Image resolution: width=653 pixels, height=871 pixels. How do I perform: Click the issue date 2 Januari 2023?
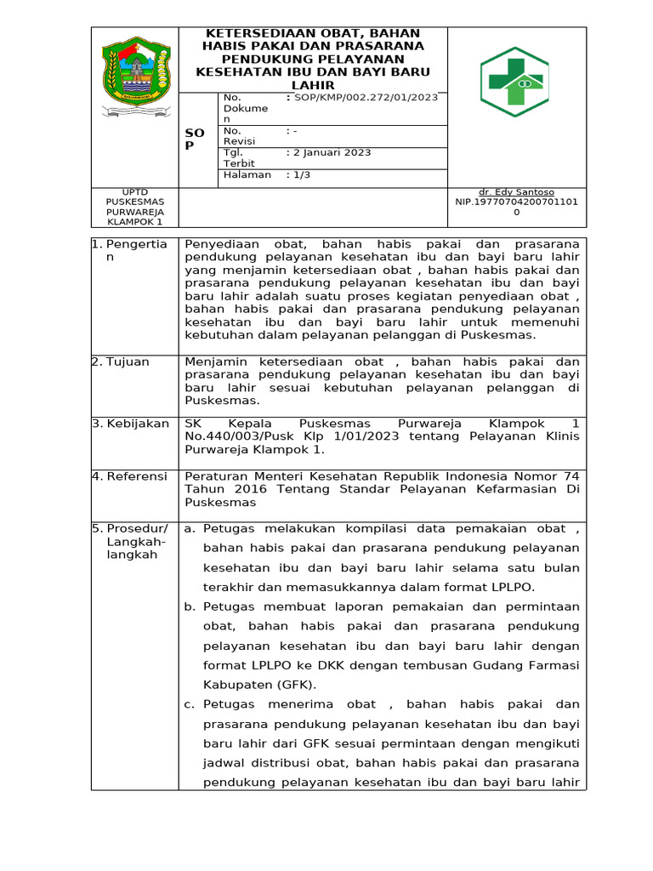pyautogui.click(x=332, y=153)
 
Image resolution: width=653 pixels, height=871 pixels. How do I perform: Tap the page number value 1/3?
pyautogui.click(x=303, y=174)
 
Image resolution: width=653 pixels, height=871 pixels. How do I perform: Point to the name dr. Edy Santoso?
pyautogui.click(x=516, y=192)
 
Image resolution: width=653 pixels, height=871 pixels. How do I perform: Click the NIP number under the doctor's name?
pyautogui.click(x=516, y=202)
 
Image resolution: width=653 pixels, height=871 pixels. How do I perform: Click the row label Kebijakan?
pyautogui.click(x=138, y=424)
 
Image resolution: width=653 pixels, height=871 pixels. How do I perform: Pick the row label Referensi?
pyautogui.click(x=137, y=476)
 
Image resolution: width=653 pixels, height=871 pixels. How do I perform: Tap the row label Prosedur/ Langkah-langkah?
pyautogui.click(x=137, y=541)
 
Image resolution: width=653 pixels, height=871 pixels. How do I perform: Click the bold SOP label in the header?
pyautogui.click(x=195, y=139)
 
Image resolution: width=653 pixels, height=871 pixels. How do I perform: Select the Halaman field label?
pyautogui.click(x=247, y=174)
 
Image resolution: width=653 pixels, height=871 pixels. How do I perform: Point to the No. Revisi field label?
pyautogui.click(x=239, y=136)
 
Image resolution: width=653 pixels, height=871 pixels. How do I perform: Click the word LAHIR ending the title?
pyautogui.click(x=312, y=86)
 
